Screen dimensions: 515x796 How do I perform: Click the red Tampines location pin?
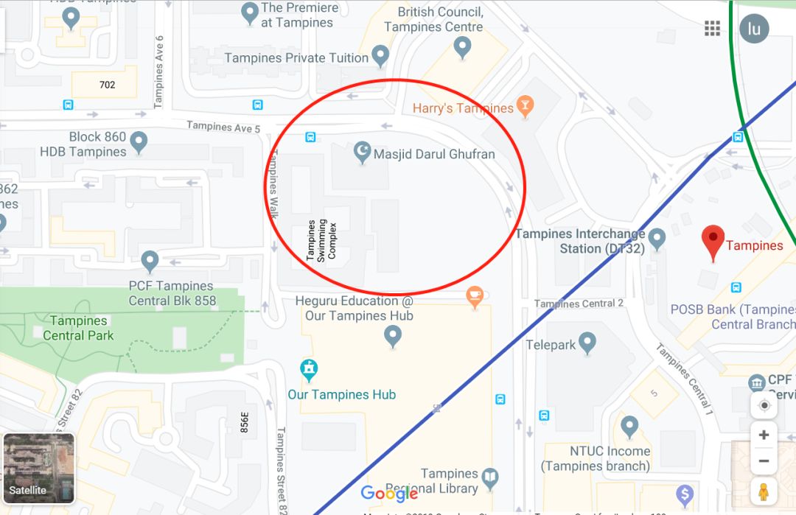[x=713, y=241]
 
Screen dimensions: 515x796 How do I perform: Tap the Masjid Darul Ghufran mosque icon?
[x=362, y=152]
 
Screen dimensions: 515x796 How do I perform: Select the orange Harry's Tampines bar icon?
[x=525, y=105]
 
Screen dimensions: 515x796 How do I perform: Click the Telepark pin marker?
[x=587, y=342]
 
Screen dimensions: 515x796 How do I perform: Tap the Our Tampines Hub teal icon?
[x=310, y=368]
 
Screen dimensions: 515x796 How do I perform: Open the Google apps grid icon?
[x=712, y=29]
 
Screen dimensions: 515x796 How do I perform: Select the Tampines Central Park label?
[x=79, y=328]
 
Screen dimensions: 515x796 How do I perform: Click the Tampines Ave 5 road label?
[x=223, y=127]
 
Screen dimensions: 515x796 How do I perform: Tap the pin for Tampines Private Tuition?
[x=380, y=54]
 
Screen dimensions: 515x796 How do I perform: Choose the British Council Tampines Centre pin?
[x=462, y=46]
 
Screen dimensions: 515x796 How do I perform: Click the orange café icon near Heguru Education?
[x=475, y=296]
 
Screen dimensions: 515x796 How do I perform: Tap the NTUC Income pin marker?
[x=629, y=425]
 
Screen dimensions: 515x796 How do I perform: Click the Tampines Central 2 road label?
[x=579, y=304]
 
